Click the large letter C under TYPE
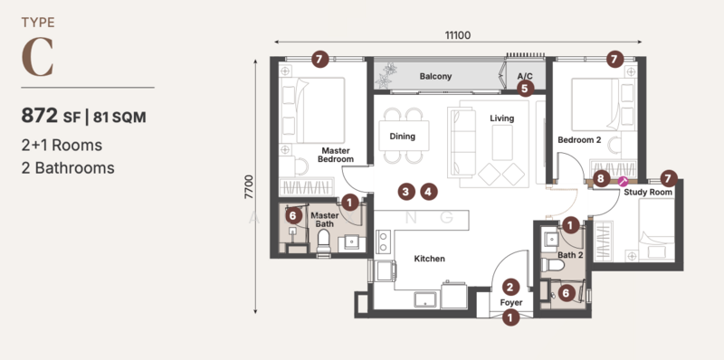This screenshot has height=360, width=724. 38,58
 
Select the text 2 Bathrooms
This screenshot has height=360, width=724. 68,167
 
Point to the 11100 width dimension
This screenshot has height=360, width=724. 458,35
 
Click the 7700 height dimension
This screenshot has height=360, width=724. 250,187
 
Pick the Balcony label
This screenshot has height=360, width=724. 435,76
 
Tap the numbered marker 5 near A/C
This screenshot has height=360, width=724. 525,88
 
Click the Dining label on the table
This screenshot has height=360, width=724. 402,137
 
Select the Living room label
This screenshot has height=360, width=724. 502,118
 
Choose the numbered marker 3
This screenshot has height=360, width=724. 405,192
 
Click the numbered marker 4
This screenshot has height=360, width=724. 428,192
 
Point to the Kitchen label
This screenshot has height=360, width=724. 429,259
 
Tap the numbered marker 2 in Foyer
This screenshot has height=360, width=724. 510,288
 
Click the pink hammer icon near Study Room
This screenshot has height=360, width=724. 622,181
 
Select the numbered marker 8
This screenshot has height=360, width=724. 601,178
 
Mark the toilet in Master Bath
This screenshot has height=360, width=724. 324,242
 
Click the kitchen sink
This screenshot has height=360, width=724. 424,299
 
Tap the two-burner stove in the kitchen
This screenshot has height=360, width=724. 382,242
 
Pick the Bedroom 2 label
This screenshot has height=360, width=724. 579,139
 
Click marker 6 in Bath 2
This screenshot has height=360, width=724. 567,293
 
